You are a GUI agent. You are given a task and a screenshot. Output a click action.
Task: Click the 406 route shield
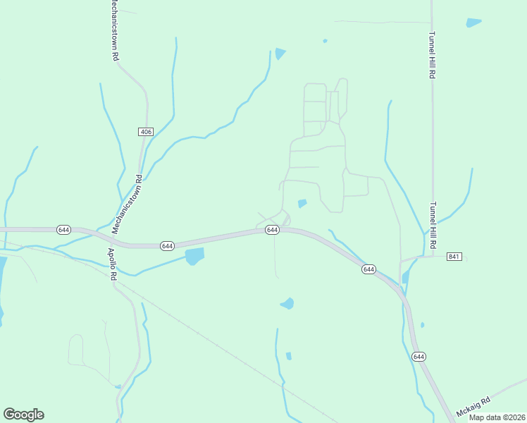[145, 132]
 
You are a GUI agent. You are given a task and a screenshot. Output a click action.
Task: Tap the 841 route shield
[454, 257]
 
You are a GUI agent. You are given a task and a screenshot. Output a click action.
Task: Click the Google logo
[23, 415]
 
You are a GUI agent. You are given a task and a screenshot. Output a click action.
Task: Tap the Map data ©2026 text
[497, 417]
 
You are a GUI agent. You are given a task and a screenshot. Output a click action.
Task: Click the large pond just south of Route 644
[194, 256]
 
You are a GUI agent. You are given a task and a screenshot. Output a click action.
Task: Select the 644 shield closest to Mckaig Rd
[419, 357]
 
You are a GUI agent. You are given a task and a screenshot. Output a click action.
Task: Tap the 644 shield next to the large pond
[167, 245]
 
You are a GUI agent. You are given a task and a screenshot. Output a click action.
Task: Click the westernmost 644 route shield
[63, 230]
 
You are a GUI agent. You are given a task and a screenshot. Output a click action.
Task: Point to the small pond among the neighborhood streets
[302, 204]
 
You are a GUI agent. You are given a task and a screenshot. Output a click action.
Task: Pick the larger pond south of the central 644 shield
[287, 304]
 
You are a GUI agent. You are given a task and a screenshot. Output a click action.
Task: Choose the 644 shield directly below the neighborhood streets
[272, 231]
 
